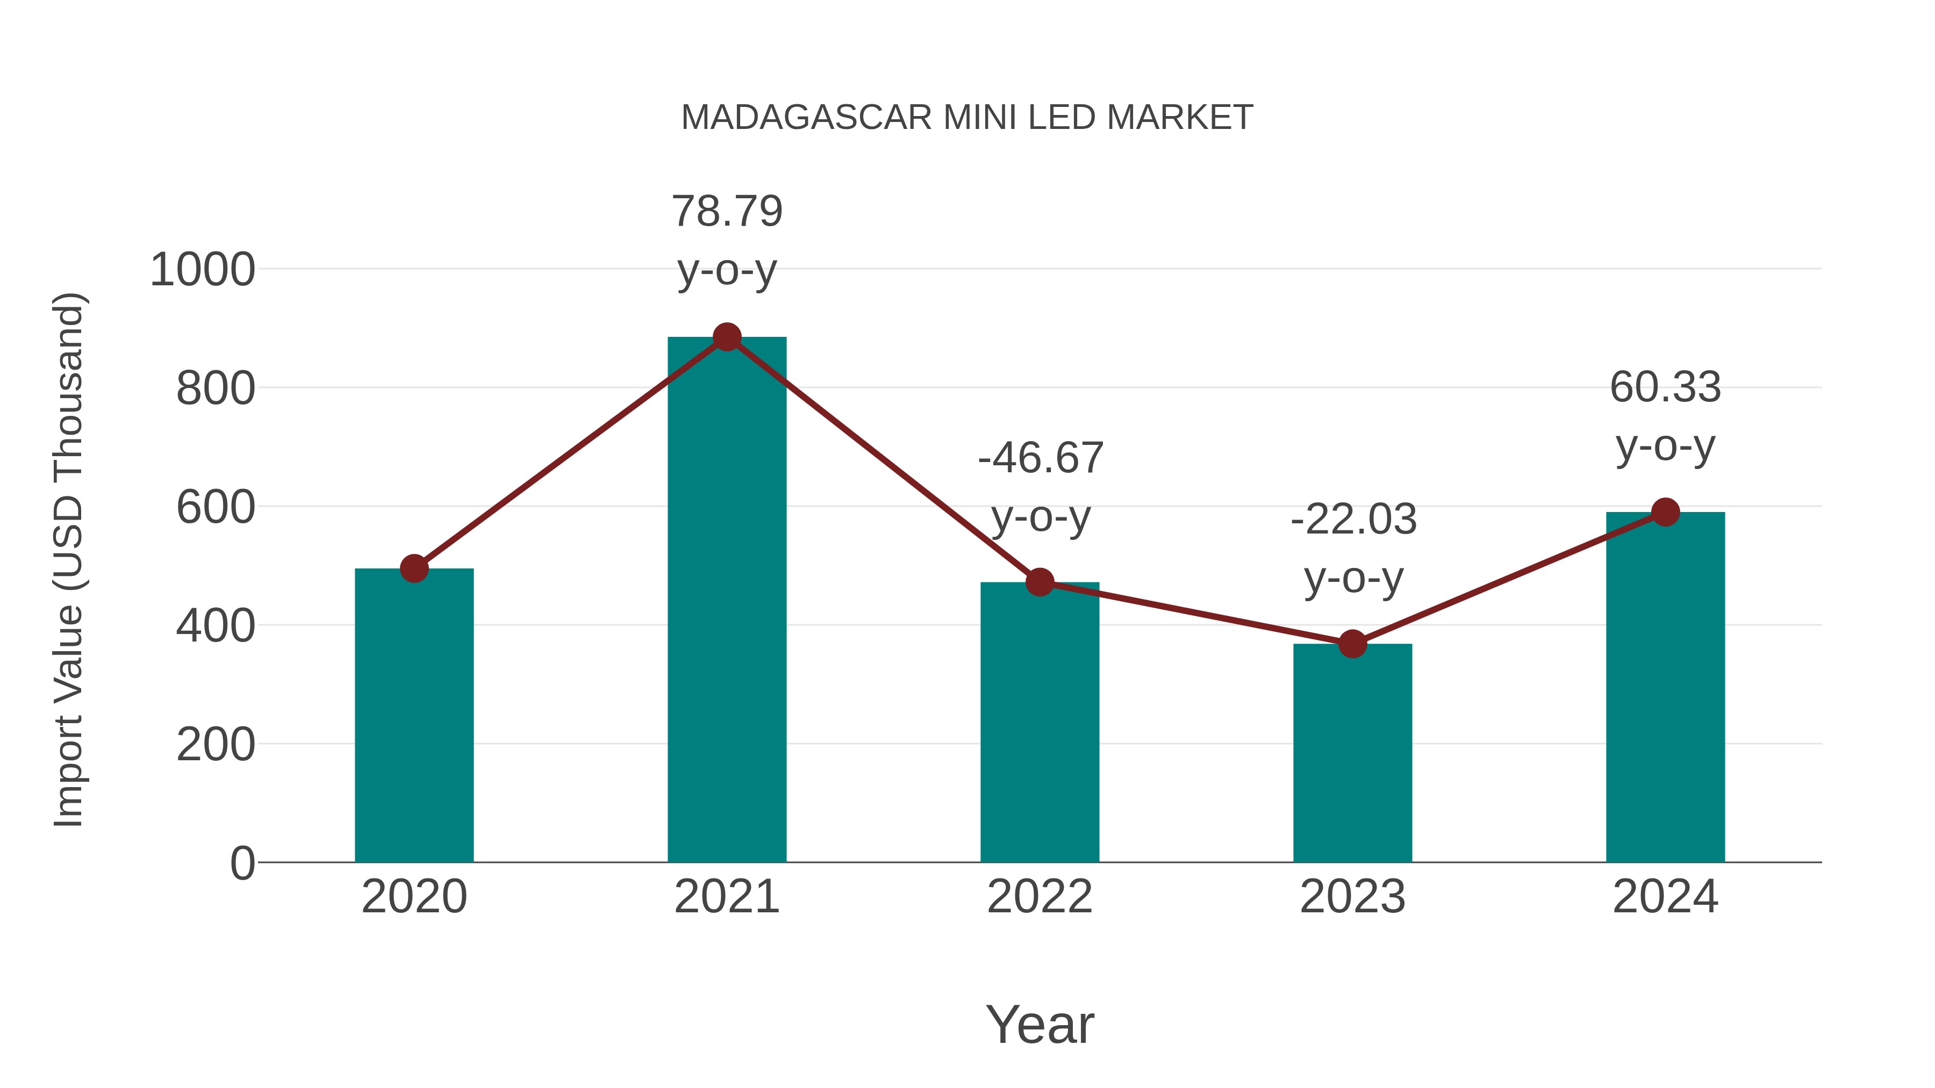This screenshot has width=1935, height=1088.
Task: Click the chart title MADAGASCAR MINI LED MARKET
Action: pyautogui.click(x=967, y=118)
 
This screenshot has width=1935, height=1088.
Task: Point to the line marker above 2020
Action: pyautogui.click(x=414, y=568)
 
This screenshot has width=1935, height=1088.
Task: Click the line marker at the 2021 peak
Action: pyautogui.click(x=726, y=337)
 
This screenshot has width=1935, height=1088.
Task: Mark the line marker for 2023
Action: pyautogui.click(x=1352, y=644)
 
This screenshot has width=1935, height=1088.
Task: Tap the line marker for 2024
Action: pyautogui.click(x=1665, y=512)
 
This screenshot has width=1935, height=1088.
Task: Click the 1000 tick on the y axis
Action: pyautogui.click(x=203, y=270)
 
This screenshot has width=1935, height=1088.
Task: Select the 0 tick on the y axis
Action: pyautogui.click(x=242, y=863)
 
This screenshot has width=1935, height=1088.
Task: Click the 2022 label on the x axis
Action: pyautogui.click(x=1040, y=897)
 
